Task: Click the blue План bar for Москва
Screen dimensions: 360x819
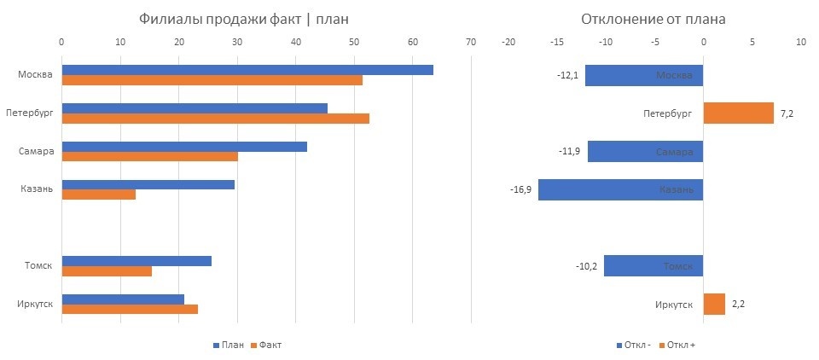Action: pyautogui.click(x=247, y=70)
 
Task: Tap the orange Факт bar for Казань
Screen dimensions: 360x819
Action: pyautogui.click(x=98, y=194)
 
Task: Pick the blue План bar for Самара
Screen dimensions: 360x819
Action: pyautogui.click(x=184, y=146)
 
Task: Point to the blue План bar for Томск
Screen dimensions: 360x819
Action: pyautogui.click(x=136, y=261)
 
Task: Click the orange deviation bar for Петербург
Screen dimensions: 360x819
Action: pyautogui.click(x=738, y=113)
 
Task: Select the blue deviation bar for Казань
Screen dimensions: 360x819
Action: pyautogui.click(x=620, y=189)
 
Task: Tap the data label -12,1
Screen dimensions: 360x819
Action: pyautogui.click(x=568, y=76)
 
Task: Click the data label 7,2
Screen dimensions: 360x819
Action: pyautogui.click(x=787, y=113)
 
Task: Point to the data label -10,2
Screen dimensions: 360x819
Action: pyautogui.click(x=588, y=266)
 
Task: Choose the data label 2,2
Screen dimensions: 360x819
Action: pyautogui.click(x=739, y=304)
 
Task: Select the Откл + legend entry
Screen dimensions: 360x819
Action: pyautogui.click(x=682, y=345)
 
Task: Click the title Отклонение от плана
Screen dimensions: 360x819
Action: pyautogui.click(x=653, y=20)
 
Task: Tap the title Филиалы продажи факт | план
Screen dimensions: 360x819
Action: pyautogui.click(x=244, y=20)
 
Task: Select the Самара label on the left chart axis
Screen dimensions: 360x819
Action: pyautogui.click(x=35, y=151)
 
